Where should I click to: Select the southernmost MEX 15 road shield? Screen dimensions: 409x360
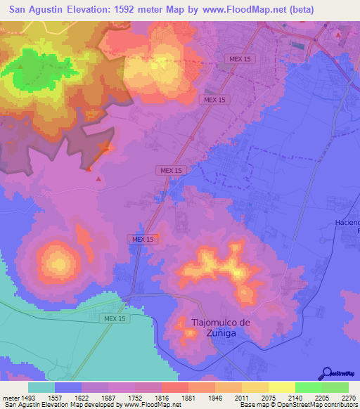click(x=112, y=318)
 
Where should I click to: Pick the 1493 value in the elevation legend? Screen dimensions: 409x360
click(x=29, y=398)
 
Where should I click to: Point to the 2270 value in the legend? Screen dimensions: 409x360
click(x=349, y=398)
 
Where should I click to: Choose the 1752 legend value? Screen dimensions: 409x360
click(x=135, y=398)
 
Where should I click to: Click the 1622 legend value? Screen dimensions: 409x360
click(x=82, y=398)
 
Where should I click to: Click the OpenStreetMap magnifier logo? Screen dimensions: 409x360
click(x=325, y=374)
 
